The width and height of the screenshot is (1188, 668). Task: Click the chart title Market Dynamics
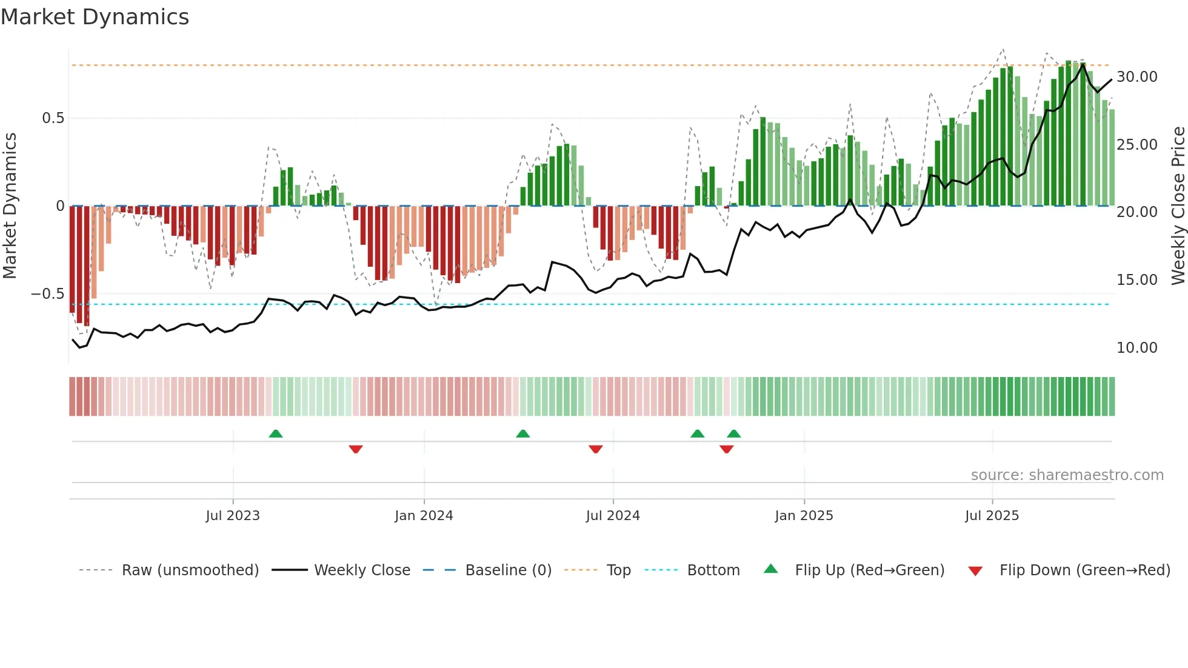95,17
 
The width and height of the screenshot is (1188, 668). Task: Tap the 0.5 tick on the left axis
53,118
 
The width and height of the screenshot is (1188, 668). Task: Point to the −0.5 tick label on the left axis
47,294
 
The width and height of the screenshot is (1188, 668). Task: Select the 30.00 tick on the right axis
1136,77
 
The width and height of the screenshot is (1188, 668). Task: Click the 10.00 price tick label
1136,348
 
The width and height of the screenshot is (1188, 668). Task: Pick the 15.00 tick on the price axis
1136,280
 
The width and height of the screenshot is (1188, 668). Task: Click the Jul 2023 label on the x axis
233,516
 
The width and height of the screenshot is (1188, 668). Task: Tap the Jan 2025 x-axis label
804,516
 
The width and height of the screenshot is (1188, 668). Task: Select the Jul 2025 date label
992,516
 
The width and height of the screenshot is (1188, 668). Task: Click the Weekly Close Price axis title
1178,206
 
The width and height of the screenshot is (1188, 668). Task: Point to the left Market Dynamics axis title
10,206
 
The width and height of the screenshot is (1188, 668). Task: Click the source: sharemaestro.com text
1067,475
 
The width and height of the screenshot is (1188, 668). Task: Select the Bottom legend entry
713,570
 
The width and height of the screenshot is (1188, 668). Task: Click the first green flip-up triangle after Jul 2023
276,433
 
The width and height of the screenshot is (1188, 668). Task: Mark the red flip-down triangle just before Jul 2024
595,449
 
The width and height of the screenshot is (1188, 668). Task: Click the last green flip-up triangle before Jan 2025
734,433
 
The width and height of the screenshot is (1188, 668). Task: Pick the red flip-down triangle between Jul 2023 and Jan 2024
356,449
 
